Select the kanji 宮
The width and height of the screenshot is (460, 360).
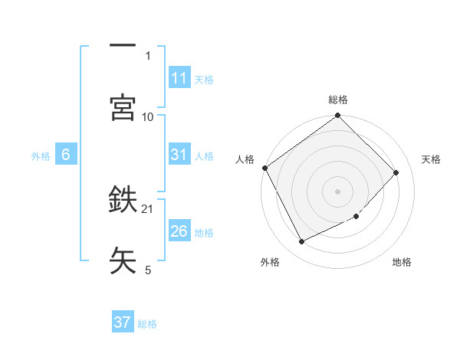[123, 107]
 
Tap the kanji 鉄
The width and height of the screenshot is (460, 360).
[123, 201]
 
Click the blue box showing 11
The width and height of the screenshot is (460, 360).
[179, 78]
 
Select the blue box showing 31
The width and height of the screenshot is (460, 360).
[179, 155]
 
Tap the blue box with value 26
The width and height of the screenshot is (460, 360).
[179, 231]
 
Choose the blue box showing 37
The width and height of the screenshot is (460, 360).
[123, 322]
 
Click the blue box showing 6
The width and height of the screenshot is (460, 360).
[66, 155]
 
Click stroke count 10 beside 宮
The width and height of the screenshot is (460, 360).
[148, 116]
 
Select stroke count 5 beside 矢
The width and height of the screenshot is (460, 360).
[148, 270]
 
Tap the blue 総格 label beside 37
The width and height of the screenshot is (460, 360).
[148, 324]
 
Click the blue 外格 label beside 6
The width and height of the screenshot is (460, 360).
[41, 155]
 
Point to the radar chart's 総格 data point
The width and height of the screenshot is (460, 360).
[338, 116]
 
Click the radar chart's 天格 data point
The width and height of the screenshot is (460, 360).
[396, 172]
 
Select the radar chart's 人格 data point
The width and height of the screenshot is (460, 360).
[265, 168]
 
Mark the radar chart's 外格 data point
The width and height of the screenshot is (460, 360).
[301, 242]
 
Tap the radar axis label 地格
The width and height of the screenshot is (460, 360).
[402, 263]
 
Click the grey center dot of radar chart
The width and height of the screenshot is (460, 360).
[338, 191]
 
